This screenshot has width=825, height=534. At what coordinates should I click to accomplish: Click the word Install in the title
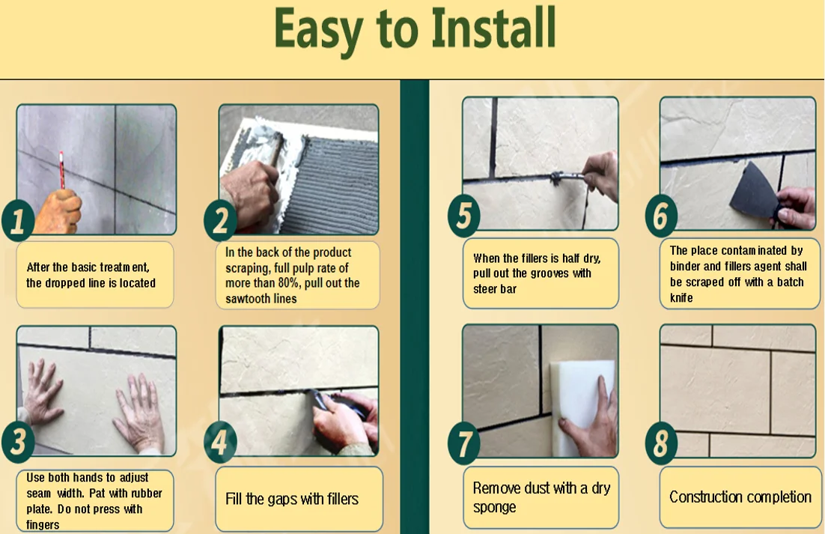pos(493,28)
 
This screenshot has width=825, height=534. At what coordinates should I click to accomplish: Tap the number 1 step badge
pos(18,220)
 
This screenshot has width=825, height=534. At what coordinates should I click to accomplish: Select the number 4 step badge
pos(220,442)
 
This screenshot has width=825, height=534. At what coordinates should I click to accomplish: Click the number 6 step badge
pos(661,215)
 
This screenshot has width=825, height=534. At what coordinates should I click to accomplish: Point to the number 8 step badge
pos(661,443)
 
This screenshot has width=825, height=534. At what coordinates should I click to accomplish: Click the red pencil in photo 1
pos(61,169)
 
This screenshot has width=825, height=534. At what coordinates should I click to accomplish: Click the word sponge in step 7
pos(495,507)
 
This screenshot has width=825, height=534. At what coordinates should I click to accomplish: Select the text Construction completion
pos(740,497)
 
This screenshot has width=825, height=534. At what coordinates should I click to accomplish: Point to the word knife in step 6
pos(681,298)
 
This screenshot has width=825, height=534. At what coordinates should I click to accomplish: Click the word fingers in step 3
pos(43,524)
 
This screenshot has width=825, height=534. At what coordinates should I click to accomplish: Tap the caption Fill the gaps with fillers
pos(291,499)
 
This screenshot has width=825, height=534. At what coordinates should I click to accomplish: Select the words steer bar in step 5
pos(495,289)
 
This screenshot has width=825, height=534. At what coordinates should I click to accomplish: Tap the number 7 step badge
pos(463,443)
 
